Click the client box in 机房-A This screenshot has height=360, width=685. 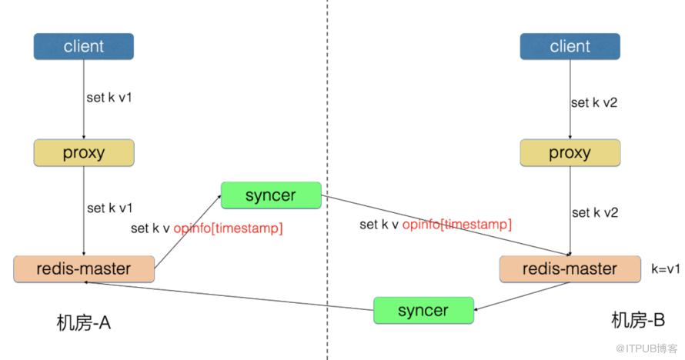tap(83, 46)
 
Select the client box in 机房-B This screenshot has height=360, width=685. tap(570, 46)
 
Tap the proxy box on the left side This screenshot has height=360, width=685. tap(83, 153)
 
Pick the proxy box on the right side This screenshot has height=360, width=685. tap(570, 153)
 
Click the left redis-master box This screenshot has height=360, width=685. tap(83, 269)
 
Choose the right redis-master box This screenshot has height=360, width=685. tap(570, 269)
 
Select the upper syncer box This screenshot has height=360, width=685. tap(270, 195)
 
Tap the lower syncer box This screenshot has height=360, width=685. tap(423, 310)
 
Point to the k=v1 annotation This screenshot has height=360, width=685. tap(666, 270)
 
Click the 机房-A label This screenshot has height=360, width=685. tap(84, 322)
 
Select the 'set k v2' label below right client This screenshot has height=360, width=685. tap(594, 102)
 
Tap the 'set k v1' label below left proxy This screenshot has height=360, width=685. tap(109, 208)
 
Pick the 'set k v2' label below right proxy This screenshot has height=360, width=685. tap(594, 212)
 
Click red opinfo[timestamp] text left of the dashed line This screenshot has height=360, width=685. tap(228, 228)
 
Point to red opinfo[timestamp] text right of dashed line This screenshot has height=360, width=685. tap(456, 224)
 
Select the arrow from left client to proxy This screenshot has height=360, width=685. tap(83, 100)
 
